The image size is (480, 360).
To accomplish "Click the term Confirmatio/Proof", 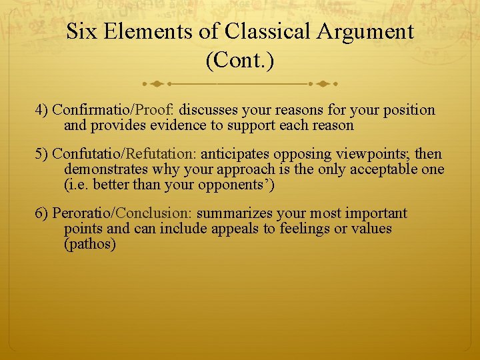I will (113, 110).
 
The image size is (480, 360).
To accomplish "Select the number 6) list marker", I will (42, 214).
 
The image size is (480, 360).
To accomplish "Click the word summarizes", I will (229, 214).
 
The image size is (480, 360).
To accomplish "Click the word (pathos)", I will (90, 244).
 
